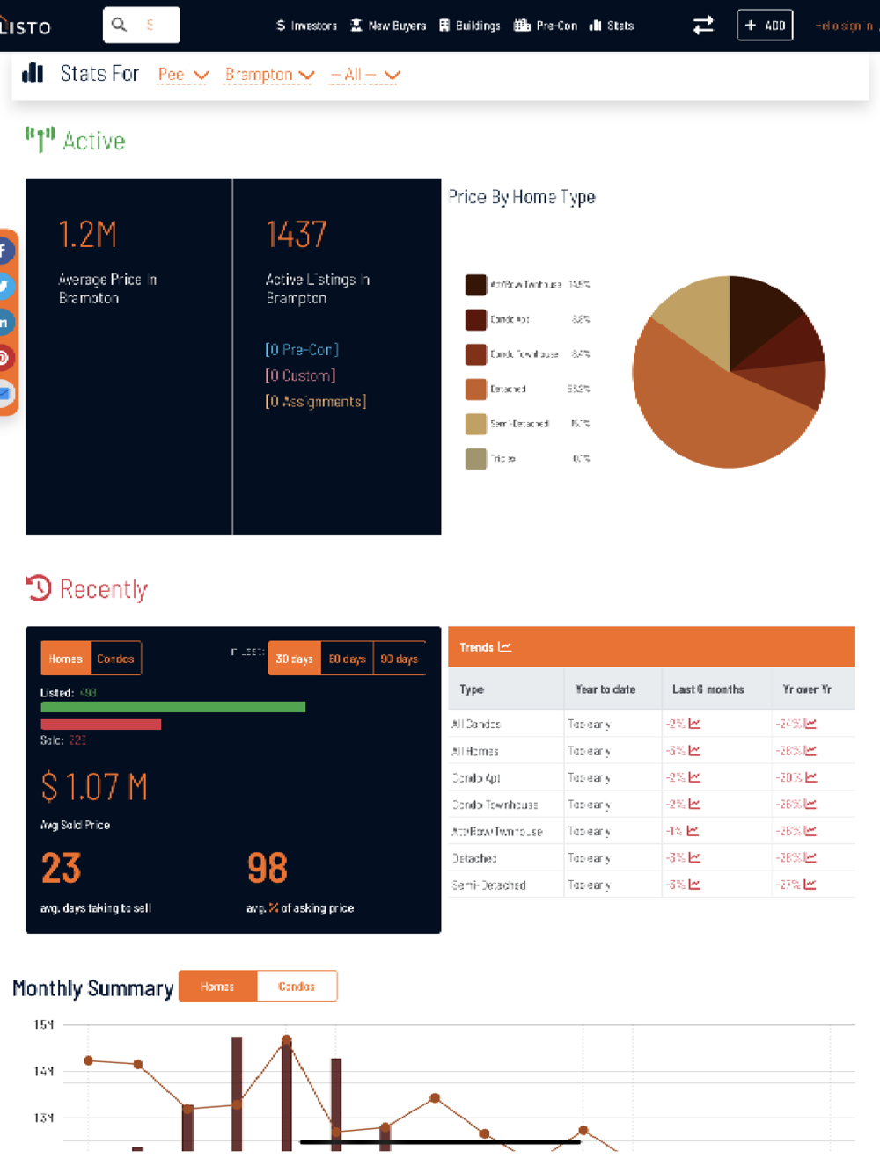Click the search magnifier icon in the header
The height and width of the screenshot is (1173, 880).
pos(120,25)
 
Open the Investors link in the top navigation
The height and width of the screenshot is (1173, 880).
pos(307,25)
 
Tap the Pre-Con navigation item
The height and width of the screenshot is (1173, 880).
pos(546,25)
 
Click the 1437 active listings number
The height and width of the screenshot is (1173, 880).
pos(297,235)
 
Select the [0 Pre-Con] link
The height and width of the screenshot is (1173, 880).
pos(302,349)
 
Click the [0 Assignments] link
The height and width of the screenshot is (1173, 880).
pos(316,401)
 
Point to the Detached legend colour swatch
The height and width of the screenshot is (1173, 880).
pos(476,389)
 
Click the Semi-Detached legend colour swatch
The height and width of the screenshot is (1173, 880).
pos(476,424)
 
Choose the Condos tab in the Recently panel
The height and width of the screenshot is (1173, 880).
pos(115,659)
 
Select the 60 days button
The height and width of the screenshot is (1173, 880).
pos(347,659)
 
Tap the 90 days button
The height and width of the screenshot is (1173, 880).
pos(399,659)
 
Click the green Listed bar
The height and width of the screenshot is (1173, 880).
pos(172,707)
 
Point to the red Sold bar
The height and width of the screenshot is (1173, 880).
pos(100,725)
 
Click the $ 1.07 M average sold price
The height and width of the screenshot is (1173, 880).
pos(94,787)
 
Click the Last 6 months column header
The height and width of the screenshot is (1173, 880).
pos(708,689)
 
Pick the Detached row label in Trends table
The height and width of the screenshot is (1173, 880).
pos(474,858)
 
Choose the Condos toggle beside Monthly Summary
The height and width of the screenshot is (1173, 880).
pos(297,987)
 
